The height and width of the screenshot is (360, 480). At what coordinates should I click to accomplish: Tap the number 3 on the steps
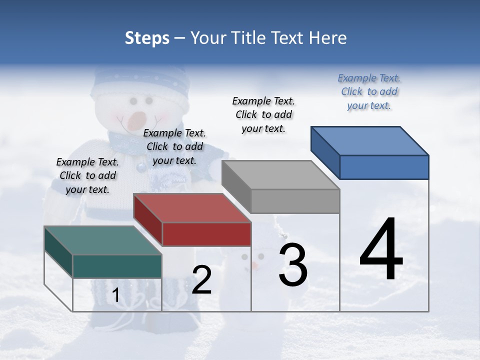(x=293, y=265)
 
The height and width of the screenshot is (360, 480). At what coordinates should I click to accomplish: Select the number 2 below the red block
(x=201, y=280)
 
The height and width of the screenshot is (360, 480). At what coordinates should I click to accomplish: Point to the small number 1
(x=115, y=295)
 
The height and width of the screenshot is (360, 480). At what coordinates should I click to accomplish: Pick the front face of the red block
(x=206, y=234)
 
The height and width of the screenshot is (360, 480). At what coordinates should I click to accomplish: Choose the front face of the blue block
(x=384, y=166)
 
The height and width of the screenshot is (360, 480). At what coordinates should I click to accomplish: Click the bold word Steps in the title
(x=147, y=38)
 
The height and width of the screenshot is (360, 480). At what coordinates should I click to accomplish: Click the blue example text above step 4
(x=369, y=91)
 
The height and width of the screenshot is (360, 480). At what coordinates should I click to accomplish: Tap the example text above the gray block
(x=263, y=114)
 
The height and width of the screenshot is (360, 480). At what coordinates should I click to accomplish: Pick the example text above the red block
(x=174, y=146)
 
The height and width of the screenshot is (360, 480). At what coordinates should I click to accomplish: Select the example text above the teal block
(x=87, y=175)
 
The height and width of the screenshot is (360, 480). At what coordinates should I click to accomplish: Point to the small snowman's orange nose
(x=254, y=265)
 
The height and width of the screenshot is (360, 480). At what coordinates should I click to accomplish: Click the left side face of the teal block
(x=58, y=251)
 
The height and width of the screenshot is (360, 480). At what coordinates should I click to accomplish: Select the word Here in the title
(x=328, y=38)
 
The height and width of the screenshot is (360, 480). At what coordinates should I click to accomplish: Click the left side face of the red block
(x=147, y=218)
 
